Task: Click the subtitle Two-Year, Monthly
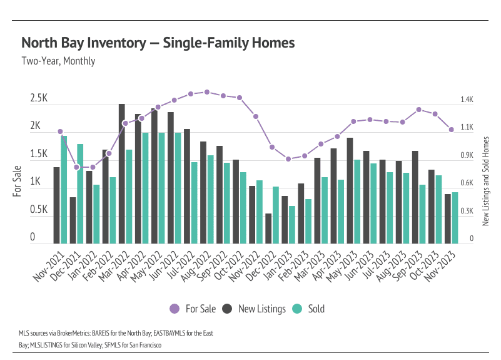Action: [x=58, y=61]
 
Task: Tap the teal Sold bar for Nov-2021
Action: [x=64, y=190]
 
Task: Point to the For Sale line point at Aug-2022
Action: [x=207, y=92]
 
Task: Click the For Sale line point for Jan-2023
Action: [x=288, y=159]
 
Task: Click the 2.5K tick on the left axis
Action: [x=39, y=99]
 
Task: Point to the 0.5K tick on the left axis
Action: [x=39, y=210]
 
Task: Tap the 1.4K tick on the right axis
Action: [x=467, y=100]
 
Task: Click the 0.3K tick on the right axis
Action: [x=467, y=211]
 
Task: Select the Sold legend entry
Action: [x=309, y=309]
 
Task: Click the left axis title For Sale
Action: [x=18, y=180]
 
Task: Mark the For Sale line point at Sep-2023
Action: [x=418, y=110]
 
